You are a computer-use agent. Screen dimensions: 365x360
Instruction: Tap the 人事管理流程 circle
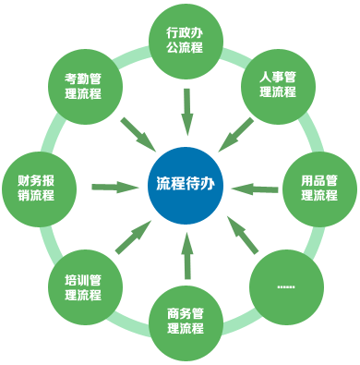[x=277, y=84]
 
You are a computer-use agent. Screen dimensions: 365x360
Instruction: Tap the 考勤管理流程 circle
[x=90, y=84]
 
